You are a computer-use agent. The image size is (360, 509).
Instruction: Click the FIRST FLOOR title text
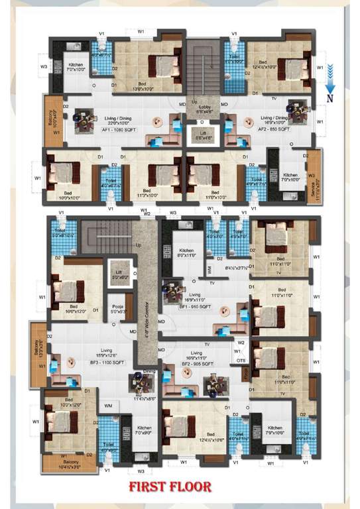click(170, 487)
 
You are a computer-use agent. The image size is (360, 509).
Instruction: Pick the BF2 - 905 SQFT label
click(197, 364)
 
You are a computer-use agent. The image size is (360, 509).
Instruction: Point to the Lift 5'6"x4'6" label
click(204, 137)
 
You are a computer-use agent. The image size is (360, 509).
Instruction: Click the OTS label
click(241, 360)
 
